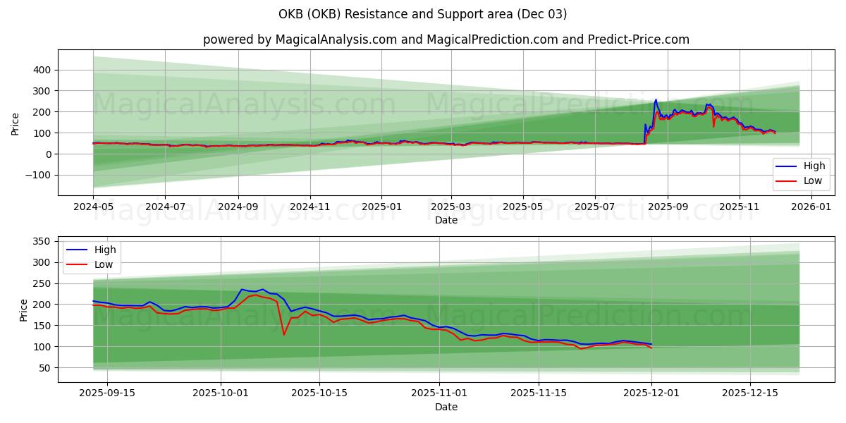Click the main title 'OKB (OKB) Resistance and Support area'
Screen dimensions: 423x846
click(422, 14)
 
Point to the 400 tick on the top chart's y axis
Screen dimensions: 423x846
click(41, 70)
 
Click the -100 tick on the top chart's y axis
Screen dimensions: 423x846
click(38, 175)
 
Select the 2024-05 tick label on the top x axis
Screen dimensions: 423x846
click(93, 207)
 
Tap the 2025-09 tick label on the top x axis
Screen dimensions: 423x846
click(667, 207)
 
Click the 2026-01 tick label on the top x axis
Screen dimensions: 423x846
click(811, 207)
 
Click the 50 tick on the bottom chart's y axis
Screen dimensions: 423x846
click(44, 367)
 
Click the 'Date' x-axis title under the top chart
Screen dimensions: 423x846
click(446, 220)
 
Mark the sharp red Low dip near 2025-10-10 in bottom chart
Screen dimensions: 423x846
click(284, 334)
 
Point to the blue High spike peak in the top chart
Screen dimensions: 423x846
click(656, 100)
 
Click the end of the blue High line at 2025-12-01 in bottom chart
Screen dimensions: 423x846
click(651, 344)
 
